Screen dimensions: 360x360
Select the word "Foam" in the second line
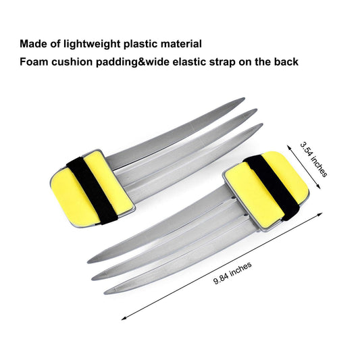pyautogui.click(x=34, y=61)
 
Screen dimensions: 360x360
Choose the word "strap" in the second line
pyautogui.click(x=222, y=62)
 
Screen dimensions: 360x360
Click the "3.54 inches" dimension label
pyautogui.click(x=313, y=159)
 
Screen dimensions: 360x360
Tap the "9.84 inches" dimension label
pyautogui.click(x=232, y=273)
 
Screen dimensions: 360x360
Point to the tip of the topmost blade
pyautogui.click(x=244, y=99)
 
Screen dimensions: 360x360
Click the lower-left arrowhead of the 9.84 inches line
pyautogui.click(x=122, y=319)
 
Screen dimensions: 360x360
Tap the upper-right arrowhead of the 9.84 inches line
pyautogui.click(x=322, y=213)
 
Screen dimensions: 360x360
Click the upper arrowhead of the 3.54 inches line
pyautogui.click(x=288, y=147)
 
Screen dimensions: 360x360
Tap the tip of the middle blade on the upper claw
pyautogui.click(x=256, y=110)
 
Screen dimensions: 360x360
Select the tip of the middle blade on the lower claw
pyautogui.click(x=93, y=279)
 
